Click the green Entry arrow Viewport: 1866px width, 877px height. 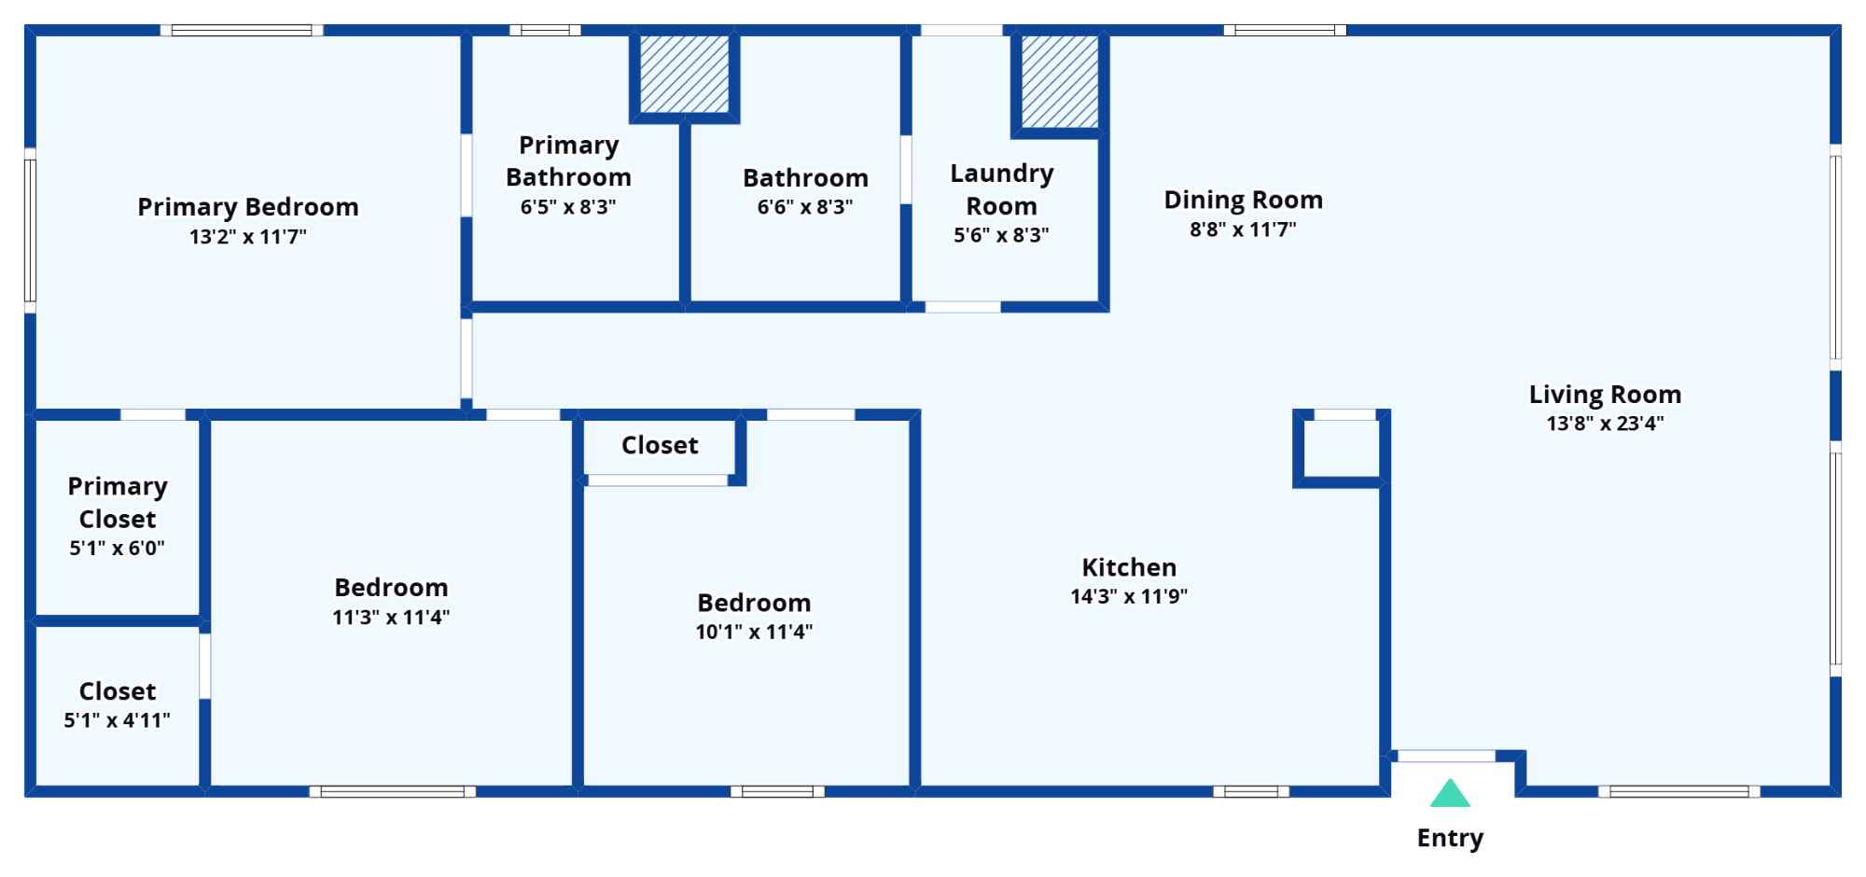pos(1450,794)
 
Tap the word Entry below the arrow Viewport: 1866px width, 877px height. pos(1450,838)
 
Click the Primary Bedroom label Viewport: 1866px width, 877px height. pos(248,207)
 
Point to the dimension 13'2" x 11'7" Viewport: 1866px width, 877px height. pos(248,237)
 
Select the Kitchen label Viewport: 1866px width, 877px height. pos(1129,567)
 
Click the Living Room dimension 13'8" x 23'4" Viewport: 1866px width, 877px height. pos(1605,424)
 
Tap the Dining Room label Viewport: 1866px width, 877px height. pos(1244,200)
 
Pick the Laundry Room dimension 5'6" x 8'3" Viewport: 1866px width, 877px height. pos(1001,235)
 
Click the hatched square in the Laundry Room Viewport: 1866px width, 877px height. pos(1060,82)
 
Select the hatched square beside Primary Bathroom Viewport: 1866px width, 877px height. pos(685,75)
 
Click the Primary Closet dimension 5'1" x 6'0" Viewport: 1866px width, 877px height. pos(118,549)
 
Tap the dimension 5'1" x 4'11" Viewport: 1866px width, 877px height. pos(118,720)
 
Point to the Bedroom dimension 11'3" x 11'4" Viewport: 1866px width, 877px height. pos(391,618)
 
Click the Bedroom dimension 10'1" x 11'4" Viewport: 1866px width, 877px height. pos(754,633)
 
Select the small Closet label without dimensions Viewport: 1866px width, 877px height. pos(660,445)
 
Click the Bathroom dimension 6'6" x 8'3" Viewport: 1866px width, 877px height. pos(805,207)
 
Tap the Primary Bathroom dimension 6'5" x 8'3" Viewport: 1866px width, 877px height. pos(568,207)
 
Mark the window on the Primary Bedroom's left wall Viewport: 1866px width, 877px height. pos(30,230)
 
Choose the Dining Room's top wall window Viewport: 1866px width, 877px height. pos(1285,30)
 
